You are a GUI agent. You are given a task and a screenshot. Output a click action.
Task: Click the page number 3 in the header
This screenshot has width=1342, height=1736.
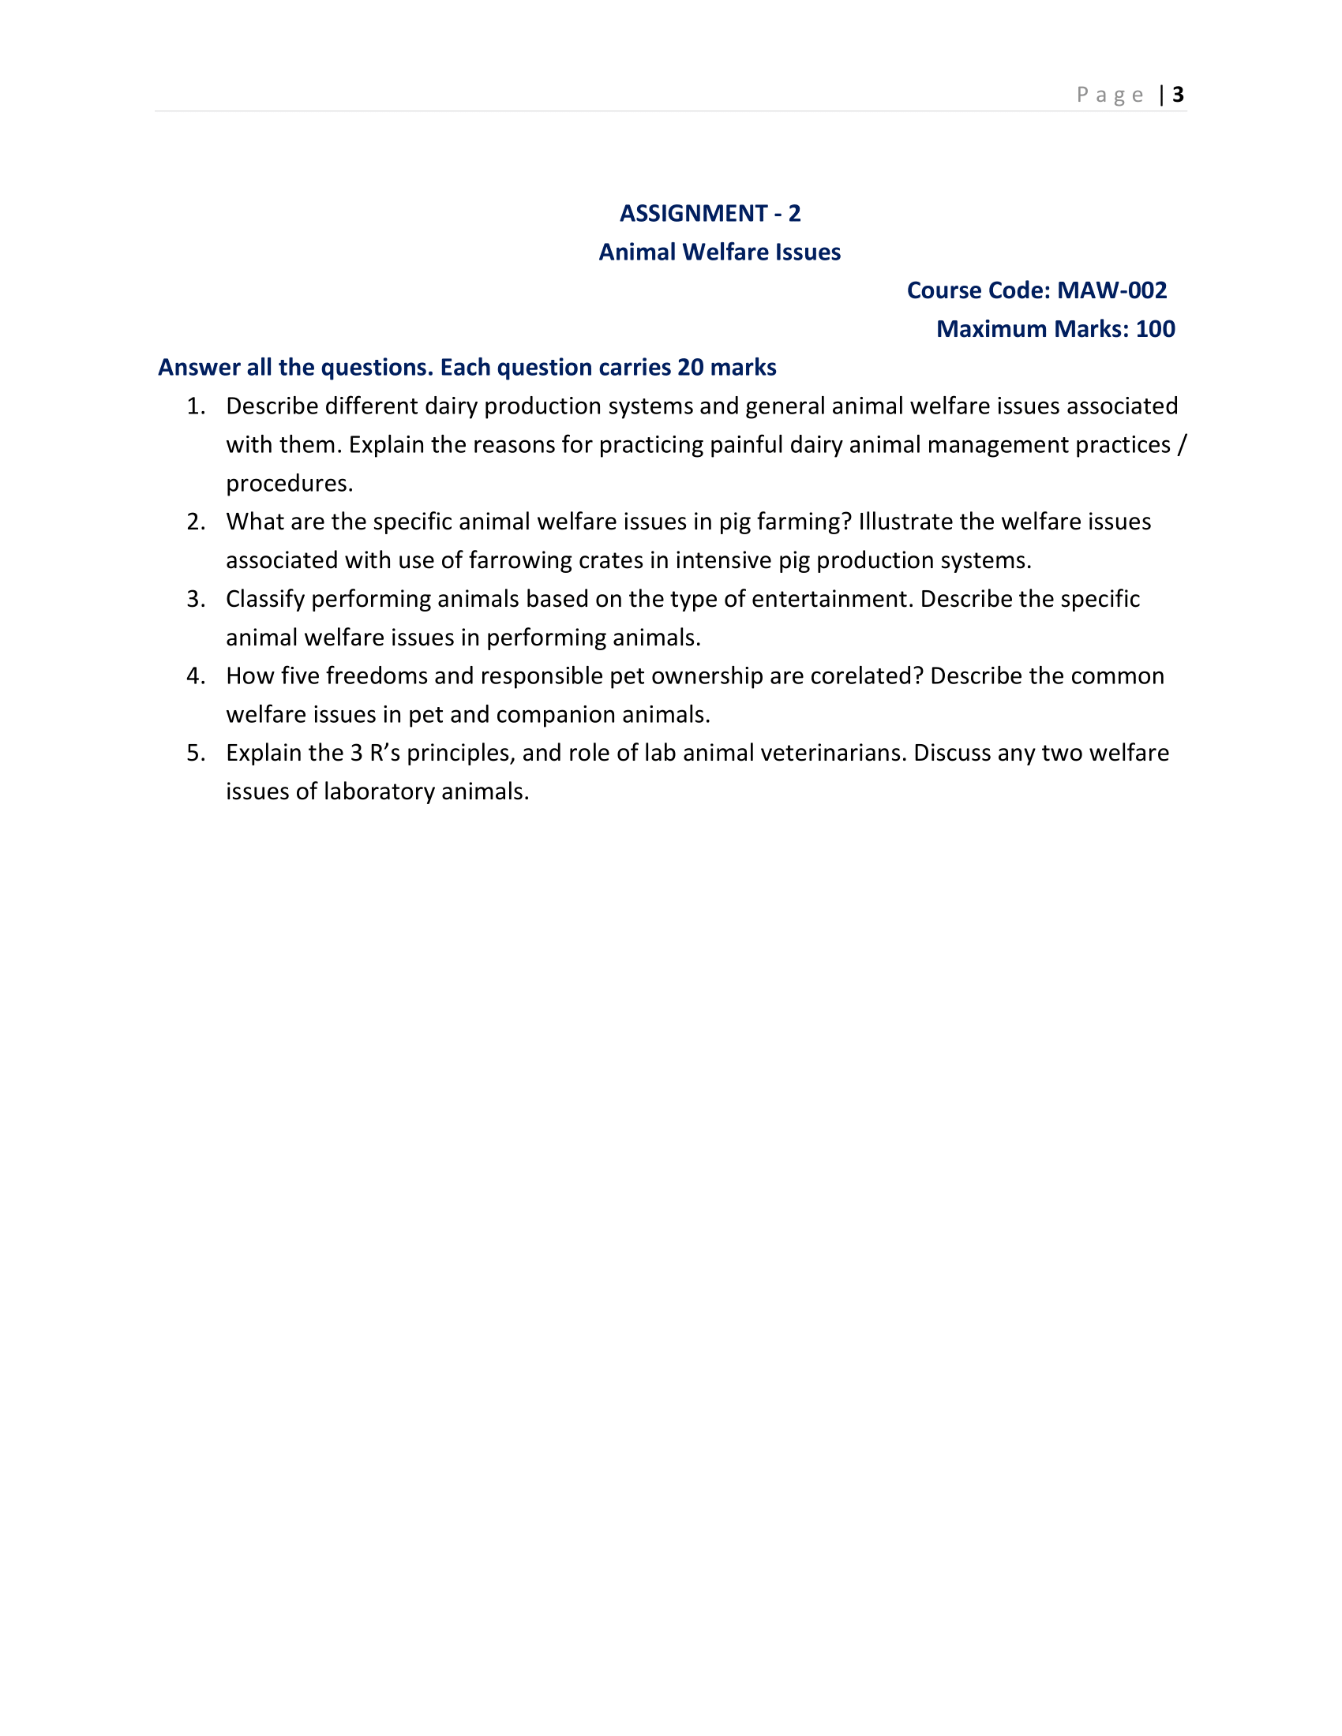click(1178, 95)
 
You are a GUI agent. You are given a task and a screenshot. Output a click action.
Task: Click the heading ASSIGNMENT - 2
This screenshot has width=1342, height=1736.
click(710, 213)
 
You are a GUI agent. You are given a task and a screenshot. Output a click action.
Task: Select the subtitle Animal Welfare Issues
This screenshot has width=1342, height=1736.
click(719, 252)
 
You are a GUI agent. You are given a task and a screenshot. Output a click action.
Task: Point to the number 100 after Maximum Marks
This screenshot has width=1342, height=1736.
click(1154, 329)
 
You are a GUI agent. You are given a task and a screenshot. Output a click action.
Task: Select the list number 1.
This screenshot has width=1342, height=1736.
click(195, 406)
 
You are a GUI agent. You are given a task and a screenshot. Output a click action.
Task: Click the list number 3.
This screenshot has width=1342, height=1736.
click(195, 599)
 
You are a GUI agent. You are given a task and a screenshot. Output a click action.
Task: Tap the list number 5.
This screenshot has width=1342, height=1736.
click(195, 753)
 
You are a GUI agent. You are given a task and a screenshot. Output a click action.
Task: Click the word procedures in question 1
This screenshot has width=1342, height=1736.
click(289, 483)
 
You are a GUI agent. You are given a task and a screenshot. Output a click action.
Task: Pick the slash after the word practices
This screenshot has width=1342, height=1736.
click(1182, 444)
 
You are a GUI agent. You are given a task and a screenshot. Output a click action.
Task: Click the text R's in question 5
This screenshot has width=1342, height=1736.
click(384, 753)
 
